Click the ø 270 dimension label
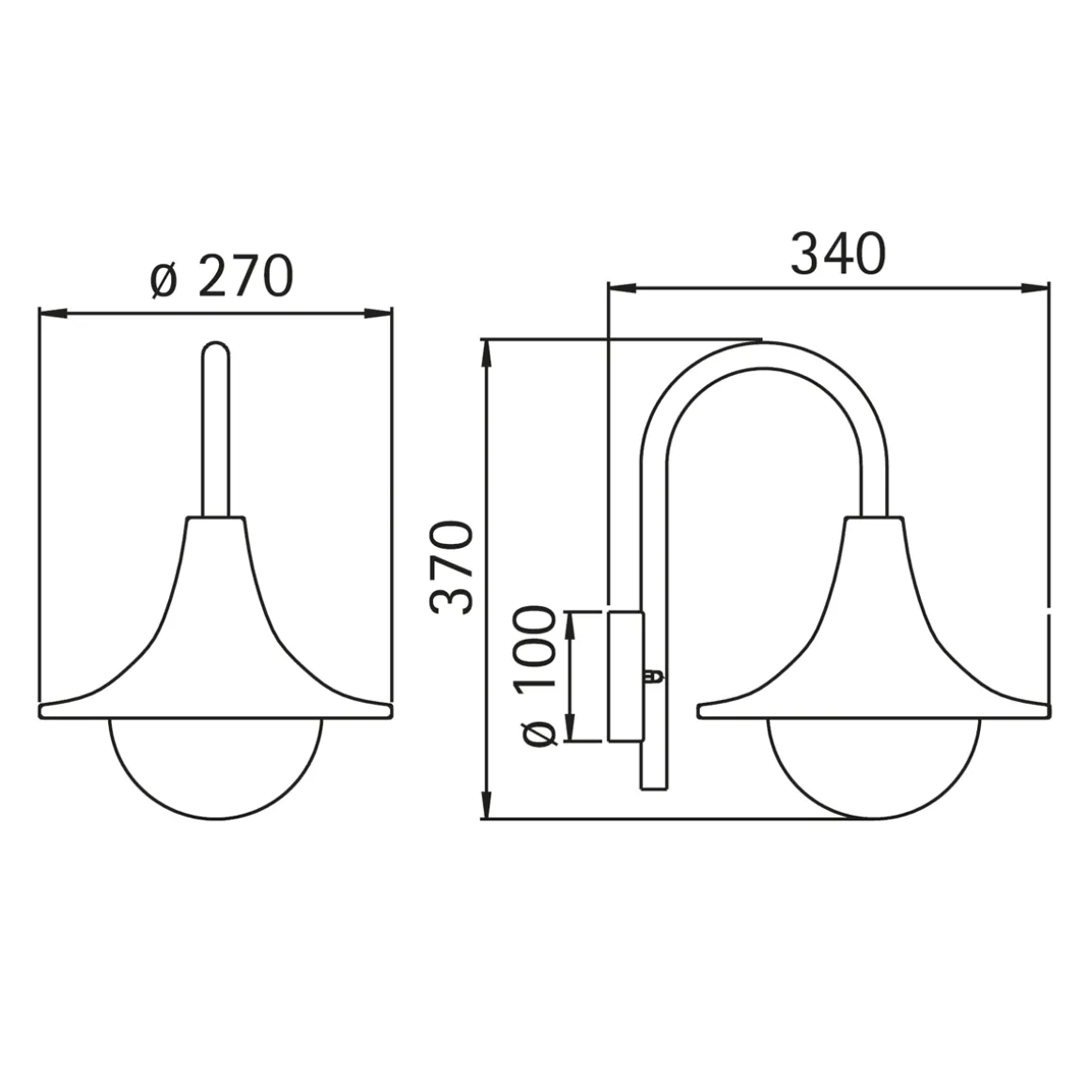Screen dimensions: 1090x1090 point(222,276)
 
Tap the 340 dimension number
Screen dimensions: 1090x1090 point(838,254)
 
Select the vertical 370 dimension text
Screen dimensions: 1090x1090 point(452,568)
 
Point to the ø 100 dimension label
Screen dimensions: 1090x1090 point(536,677)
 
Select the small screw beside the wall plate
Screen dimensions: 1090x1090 point(654,676)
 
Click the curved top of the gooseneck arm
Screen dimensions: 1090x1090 point(763,355)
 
